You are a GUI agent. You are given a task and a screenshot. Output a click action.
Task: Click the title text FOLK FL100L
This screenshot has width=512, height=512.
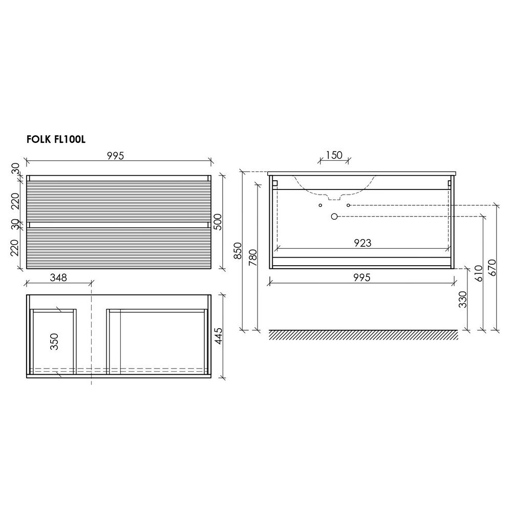click(x=56, y=139)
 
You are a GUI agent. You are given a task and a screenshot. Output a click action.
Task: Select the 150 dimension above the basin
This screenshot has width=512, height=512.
click(x=334, y=155)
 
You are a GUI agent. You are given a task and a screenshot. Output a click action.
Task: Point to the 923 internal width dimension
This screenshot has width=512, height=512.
click(x=362, y=243)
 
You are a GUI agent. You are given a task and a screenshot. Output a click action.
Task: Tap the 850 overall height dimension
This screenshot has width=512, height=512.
click(x=239, y=250)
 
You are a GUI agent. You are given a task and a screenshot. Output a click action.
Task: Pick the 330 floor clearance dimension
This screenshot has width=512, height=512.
click(x=463, y=300)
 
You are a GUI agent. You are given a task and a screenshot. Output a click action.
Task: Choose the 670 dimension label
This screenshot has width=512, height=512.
click(x=493, y=267)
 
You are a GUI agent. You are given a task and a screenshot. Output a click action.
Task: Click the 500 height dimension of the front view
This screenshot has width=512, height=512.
click(x=218, y=222)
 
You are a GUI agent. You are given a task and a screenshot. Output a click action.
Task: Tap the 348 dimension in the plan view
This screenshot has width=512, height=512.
click(x=58, y=277)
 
